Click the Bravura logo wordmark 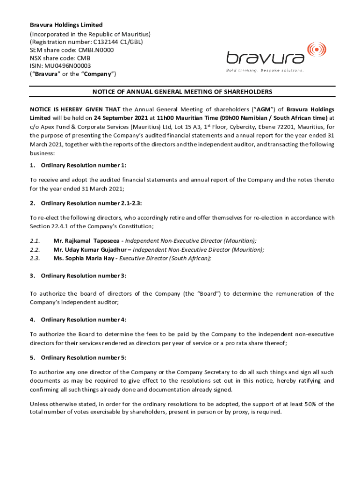265,58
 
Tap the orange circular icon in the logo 317,49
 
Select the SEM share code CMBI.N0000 92,50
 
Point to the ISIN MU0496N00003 69,66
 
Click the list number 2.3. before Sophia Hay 35,258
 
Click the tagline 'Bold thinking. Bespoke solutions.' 265,70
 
